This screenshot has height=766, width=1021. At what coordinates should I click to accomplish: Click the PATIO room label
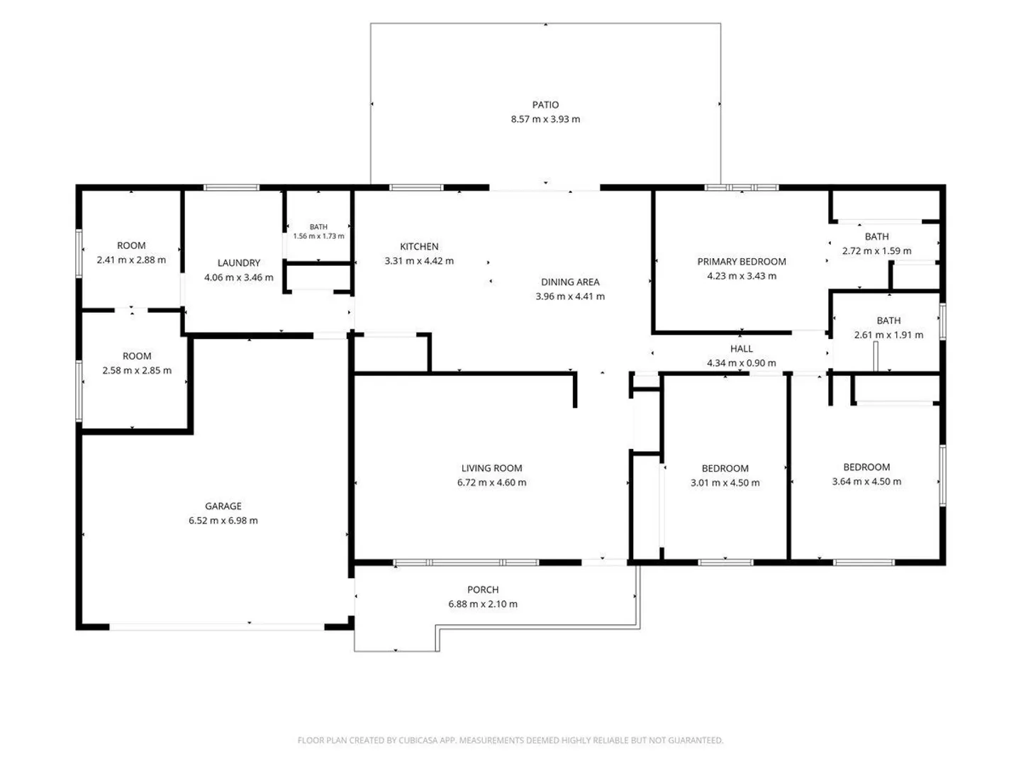point(545,105)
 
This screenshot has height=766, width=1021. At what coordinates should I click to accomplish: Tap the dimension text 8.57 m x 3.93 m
point(545,119)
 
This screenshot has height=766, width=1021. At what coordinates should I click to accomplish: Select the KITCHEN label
point(418,247)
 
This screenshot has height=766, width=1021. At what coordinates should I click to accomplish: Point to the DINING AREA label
point(570,282)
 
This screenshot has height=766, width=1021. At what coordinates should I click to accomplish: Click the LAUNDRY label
point(239,262)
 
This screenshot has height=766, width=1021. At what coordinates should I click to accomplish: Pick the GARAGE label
point(223,506)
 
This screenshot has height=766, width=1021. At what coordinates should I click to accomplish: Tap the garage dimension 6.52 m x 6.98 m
point(223,521)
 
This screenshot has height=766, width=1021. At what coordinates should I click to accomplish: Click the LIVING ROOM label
point(491,468)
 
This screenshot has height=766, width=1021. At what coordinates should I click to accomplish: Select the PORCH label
point(483,589)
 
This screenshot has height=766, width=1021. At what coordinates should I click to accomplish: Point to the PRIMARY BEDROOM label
point(742,262)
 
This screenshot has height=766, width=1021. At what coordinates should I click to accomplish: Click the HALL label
point(741,348)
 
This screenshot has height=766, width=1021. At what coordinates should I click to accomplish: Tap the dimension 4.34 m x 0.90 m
point(741,362)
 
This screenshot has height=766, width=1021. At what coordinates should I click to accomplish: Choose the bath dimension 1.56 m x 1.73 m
point(318,235)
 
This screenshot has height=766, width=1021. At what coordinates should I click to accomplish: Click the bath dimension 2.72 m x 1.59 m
point(876,250)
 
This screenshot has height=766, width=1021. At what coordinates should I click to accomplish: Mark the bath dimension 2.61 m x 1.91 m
point(888,335)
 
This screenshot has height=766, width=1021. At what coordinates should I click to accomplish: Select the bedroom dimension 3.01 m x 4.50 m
point(725,483)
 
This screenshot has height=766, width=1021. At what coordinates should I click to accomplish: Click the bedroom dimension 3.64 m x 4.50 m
point(866,482)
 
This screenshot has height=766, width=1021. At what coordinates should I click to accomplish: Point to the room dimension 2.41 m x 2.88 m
point(131,260)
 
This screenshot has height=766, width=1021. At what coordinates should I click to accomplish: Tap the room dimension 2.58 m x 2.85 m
point(137,370)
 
